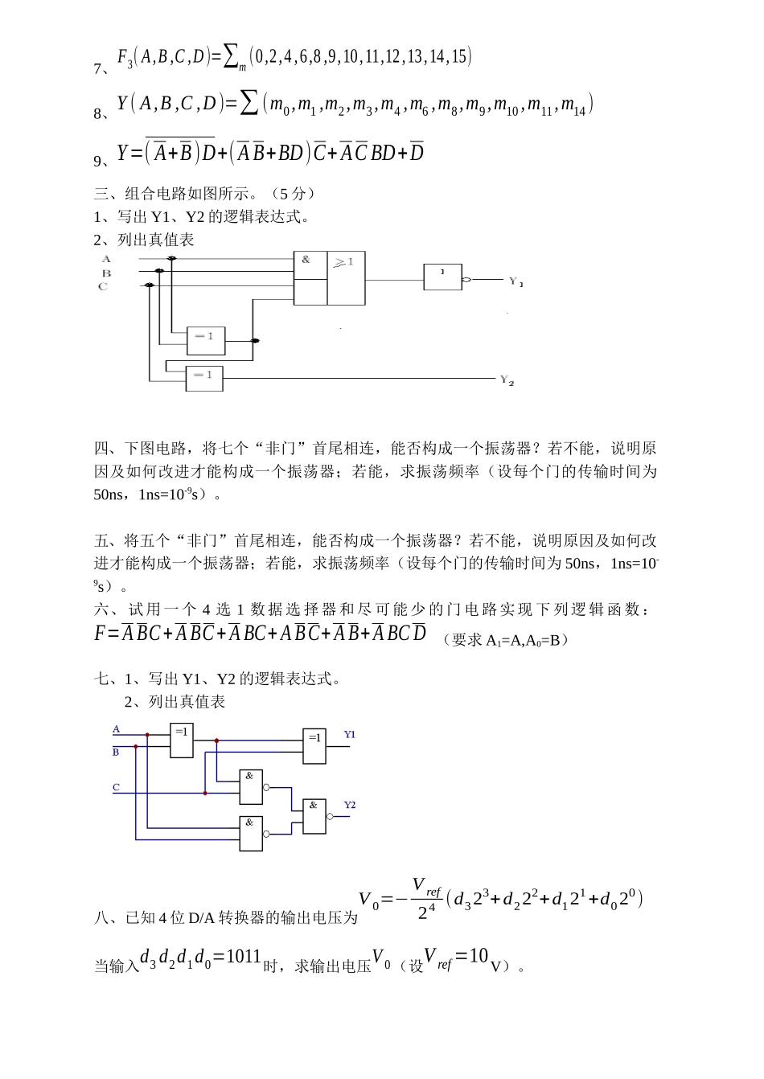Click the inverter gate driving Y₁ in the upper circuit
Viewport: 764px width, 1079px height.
click(443, 277)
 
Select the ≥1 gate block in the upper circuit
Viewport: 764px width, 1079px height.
click(346, 278)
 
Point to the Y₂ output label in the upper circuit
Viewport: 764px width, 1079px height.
click(507, 379)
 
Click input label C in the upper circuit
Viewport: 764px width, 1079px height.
click(103, 286)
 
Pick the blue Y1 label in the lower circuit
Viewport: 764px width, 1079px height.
click(350, 734)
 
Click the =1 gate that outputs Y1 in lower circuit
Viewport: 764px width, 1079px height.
click(314, 746)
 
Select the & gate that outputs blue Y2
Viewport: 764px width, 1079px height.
click(314, 816)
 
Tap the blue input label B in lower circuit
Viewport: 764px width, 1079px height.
click(116, 753)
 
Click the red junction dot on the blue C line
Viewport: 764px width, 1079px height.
click(205, 793)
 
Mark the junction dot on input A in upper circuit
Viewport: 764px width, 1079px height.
click(171, 259)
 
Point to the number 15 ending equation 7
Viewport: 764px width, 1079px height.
click(461, 56)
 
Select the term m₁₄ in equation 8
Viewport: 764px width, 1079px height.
click(573, 105)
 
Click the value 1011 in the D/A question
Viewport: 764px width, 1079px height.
click(244, 957)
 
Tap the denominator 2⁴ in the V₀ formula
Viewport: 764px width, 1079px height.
click(426, 913)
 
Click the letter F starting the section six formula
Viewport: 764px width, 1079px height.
click(101, 633)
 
